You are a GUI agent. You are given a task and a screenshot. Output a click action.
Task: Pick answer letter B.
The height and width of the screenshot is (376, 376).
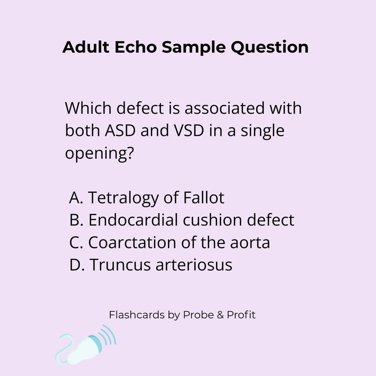(76, 220)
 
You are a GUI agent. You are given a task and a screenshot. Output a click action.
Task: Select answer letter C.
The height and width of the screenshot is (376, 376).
(76, 242)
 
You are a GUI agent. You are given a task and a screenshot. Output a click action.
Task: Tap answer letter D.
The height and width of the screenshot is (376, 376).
(76, 265)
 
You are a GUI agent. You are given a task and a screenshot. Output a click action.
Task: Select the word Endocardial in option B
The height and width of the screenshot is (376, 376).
(133, 220)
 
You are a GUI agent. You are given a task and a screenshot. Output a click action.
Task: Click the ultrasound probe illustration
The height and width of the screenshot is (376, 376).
(90, 345)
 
